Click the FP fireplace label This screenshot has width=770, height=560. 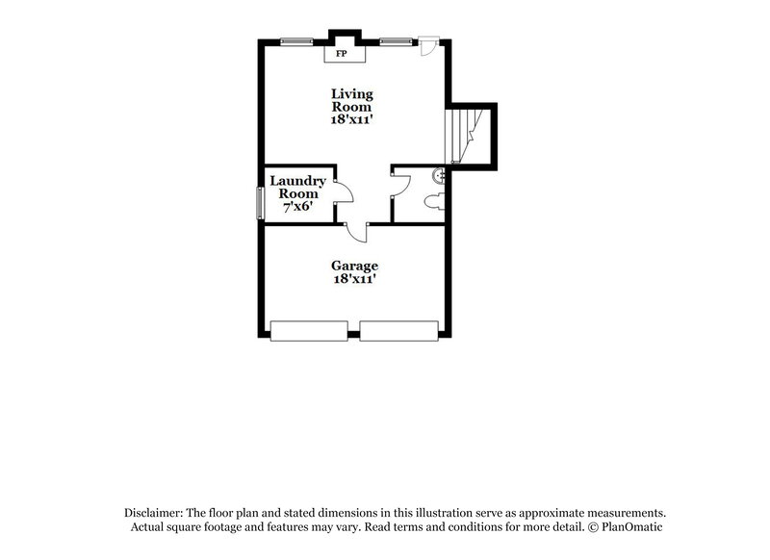pyautogui.click(x=342, y=54)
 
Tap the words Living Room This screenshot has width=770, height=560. pyautogui.click(x=351, y=101)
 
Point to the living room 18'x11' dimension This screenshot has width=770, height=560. pyautogui.click(x=351, y=121)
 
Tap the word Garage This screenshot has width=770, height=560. pyautogui.click(x=354, y=266)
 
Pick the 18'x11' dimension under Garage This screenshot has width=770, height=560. pyautogui.click(x=354, y=279)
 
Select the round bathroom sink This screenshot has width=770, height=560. pyautogui.click(x=438, y=175)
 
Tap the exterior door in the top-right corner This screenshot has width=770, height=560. pyautogui.click(x=429, y=46)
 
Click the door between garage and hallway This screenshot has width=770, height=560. pyautogui.click(x=357, y=232)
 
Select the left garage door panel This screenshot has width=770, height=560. pyautogui.click(x=308, y=331)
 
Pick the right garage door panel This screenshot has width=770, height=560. pyautogui.click(x=398, y=331)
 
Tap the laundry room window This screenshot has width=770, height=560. pyautogui.click(x=259, y=203)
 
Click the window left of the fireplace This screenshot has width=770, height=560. pyautogui.click(x=296, y=40)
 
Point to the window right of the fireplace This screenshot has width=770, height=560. pyautogui.click(x=394, y=40)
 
